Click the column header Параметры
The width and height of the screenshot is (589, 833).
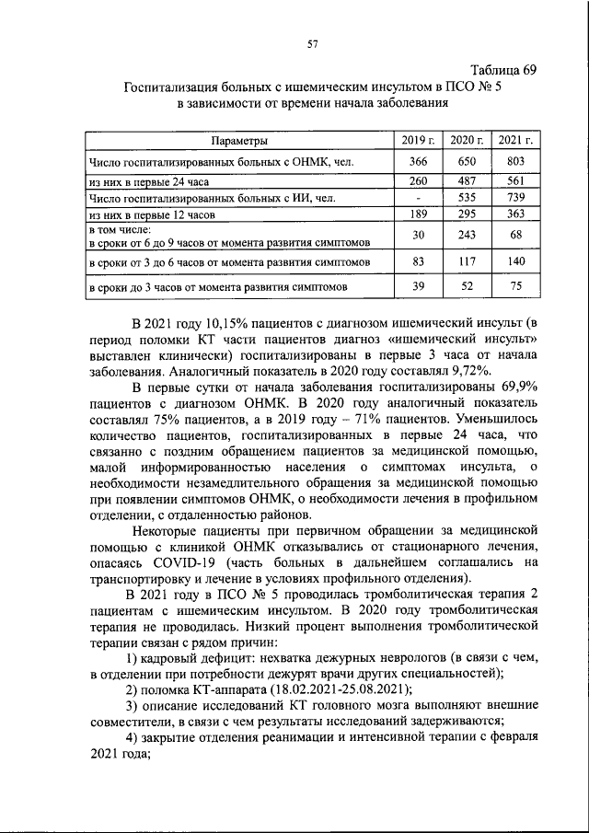point(238,141)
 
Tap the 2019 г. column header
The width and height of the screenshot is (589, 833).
point(419,141)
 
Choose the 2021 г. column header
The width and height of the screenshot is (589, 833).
point(515,141)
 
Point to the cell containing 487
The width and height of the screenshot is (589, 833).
point(468,181)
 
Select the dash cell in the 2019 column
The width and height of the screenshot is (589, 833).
point(419,197)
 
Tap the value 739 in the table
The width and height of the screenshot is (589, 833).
point(515,197)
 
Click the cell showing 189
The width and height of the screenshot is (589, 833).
point(419,214)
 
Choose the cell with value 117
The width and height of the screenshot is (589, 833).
point(468,261)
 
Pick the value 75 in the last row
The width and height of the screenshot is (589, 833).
point(515,286)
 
